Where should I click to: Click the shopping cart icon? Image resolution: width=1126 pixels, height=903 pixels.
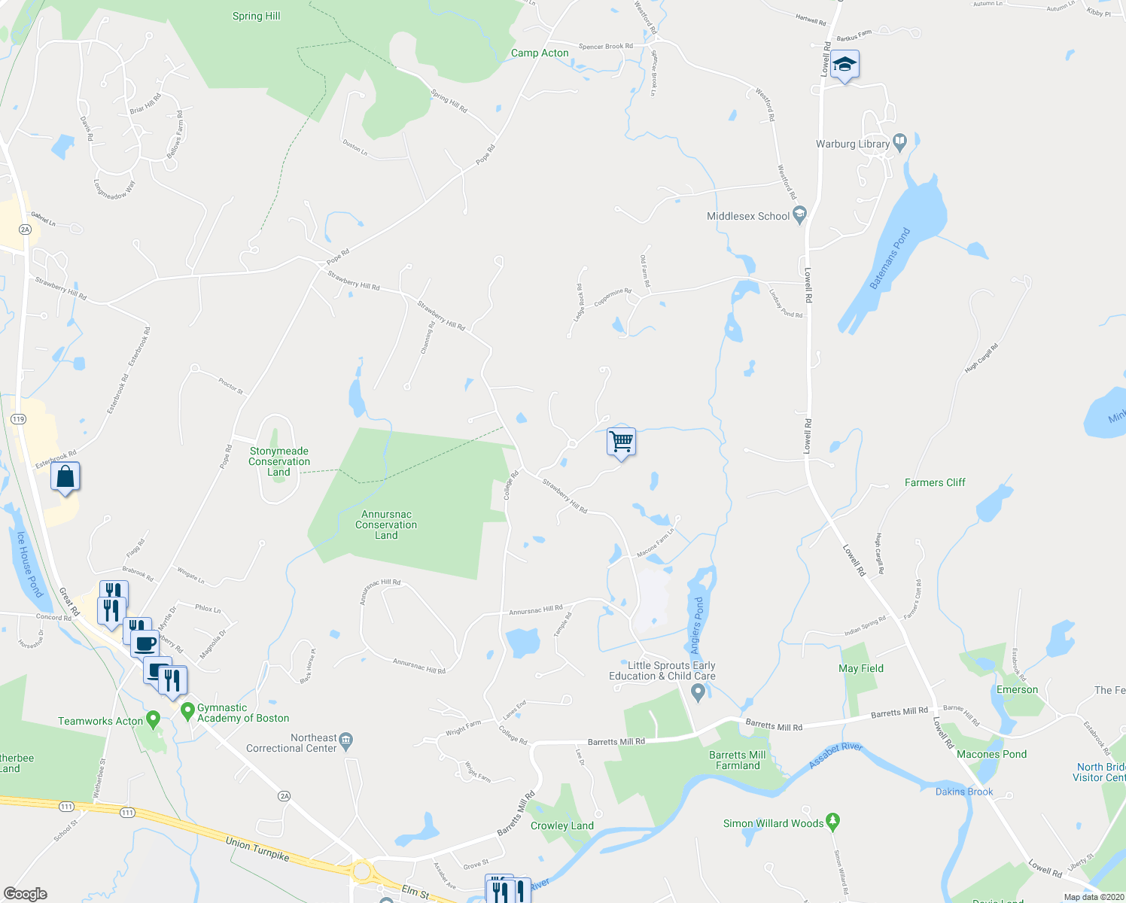pos(621,442)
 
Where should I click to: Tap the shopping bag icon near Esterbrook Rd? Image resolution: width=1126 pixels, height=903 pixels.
pos(65,477)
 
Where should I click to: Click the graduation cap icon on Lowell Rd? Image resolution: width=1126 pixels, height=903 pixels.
pos(844,65)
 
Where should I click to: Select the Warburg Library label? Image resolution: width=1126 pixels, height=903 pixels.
pos(853,144)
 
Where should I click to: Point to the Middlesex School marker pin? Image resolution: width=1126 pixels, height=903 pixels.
pos(799,215)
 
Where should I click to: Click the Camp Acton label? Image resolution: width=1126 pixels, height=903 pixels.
pos(540,53)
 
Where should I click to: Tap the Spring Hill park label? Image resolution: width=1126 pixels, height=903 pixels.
pos(256,16)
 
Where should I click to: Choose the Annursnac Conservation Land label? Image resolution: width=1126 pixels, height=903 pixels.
pos(386,524)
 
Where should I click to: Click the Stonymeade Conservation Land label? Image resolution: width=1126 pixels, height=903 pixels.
pos(278,461)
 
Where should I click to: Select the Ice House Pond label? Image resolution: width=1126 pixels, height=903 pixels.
pos(28,565)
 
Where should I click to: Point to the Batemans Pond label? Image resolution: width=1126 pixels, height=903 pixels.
pos(890,258)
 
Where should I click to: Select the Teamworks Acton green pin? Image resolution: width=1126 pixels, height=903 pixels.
pos(154,719)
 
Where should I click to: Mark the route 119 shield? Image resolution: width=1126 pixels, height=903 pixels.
pos(19,419)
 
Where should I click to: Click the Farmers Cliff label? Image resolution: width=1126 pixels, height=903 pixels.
pos(935,482)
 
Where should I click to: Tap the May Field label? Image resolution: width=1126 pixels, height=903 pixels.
pos(861,668)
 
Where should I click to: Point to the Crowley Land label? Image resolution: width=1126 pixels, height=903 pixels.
pos(562,825)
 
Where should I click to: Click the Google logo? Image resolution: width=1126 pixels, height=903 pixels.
pos(25,894)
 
